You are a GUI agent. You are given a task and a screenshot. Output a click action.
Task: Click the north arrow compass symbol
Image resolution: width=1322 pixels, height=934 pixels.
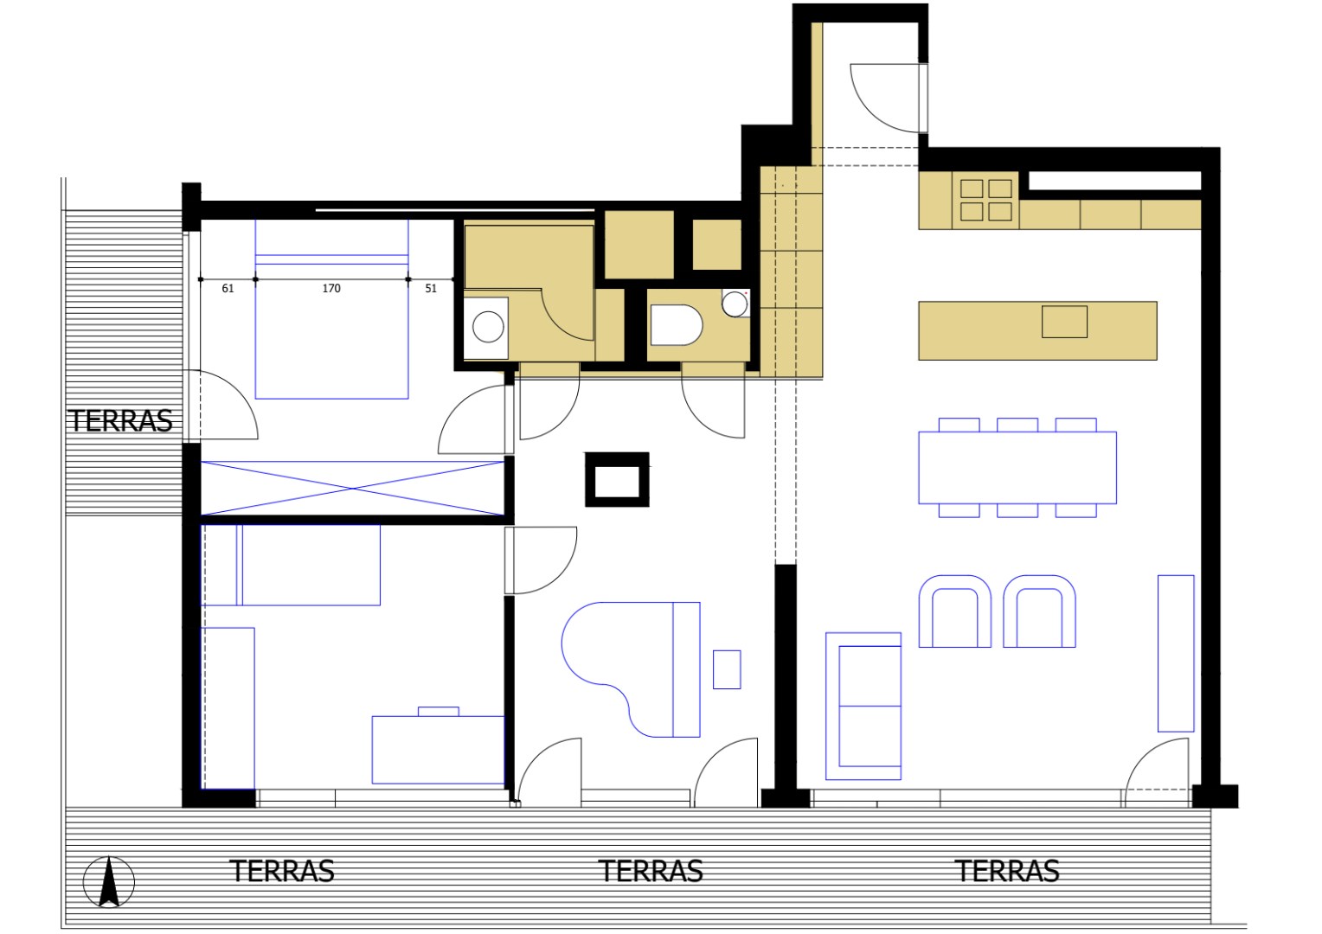109,882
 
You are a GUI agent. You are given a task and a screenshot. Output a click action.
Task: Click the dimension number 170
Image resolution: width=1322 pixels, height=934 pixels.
331,289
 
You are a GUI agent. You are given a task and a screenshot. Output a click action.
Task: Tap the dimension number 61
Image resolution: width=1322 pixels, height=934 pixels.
228,289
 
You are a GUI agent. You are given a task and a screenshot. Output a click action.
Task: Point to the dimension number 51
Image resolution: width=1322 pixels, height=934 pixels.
431,289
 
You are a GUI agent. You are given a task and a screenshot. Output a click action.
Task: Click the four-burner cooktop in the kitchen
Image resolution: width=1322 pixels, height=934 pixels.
985,200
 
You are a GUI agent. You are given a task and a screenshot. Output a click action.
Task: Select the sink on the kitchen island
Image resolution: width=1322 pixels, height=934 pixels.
1064,322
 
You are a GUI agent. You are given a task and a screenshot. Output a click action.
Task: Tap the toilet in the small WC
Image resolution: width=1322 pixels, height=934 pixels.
676,325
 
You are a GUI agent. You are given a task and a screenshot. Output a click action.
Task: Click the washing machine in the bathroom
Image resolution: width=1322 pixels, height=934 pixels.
487,328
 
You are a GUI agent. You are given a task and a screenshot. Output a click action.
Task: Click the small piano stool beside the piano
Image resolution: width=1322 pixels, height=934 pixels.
727,669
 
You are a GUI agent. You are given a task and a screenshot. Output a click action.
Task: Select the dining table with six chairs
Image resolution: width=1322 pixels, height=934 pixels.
1017,468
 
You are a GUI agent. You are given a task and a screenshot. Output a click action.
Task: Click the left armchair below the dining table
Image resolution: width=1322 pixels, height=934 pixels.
954,612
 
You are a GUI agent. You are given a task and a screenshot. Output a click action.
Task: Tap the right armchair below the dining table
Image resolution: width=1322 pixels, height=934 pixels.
1039,612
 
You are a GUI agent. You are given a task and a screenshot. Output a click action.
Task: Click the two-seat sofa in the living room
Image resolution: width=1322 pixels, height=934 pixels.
863,706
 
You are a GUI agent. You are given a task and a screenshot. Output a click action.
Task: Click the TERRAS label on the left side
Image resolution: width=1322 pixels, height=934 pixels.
121,421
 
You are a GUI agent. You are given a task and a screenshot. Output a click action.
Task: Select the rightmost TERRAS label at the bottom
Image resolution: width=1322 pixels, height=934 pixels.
1007,871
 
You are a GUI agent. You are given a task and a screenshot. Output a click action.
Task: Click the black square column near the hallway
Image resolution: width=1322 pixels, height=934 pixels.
617,479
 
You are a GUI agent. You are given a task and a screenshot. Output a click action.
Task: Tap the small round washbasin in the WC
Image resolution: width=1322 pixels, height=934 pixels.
735,304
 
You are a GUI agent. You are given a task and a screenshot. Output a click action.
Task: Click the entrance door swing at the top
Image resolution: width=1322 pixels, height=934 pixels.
887,97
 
